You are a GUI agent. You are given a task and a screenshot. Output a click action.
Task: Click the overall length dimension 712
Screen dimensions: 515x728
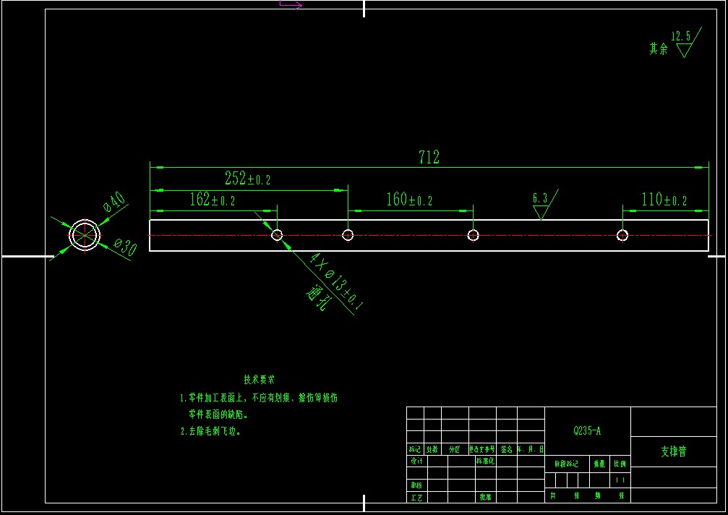[429, 158]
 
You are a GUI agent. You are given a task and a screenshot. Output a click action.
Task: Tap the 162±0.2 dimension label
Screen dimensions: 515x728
[213, 200]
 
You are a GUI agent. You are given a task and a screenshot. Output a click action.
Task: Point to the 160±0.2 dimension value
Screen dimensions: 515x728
[409, 200]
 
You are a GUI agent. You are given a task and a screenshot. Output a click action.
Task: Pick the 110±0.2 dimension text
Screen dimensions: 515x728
[664, 200]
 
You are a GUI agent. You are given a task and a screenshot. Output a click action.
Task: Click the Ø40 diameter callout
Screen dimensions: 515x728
[116, 203]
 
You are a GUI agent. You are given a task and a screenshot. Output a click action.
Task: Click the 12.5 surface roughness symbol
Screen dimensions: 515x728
[682, 44]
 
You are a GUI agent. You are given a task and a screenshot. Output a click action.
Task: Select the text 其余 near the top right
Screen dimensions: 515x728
[658, 49]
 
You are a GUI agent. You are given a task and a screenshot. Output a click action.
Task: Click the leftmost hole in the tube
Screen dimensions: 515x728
[277, 234]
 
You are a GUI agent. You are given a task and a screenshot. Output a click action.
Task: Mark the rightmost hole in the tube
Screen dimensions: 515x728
[622, 234]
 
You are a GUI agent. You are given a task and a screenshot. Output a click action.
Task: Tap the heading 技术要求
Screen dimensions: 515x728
[259, 380]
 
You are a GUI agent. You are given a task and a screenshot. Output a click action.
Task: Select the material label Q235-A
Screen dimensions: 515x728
[587, 431]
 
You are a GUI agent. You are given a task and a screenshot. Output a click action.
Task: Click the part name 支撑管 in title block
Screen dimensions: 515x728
[673, 451]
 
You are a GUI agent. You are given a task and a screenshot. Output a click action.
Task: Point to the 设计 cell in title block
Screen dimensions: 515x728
[416, 461]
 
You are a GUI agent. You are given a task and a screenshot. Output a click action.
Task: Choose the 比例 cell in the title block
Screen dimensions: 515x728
[620, 464]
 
